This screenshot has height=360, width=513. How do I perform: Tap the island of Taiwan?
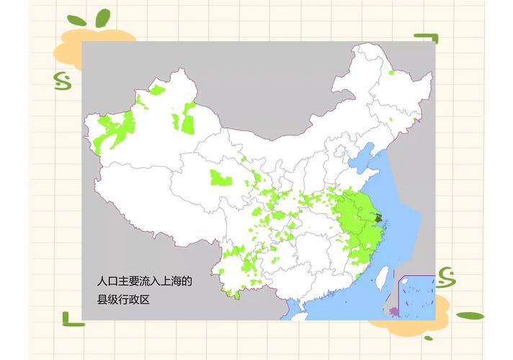383,275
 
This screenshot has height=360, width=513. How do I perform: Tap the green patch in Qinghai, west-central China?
219,177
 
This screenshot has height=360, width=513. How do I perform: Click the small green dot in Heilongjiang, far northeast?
391,72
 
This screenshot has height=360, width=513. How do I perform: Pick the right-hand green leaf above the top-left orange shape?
103,18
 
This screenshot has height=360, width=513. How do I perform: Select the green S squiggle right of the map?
445,275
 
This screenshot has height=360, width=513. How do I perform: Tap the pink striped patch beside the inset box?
393,311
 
